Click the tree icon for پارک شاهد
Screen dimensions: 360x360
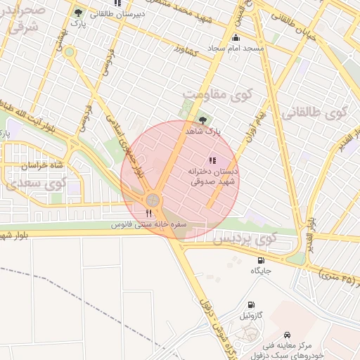tap(203, 120)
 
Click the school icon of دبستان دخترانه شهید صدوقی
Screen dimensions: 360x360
tap(212, 161)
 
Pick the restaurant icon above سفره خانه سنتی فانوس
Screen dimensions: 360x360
tap(148, 213)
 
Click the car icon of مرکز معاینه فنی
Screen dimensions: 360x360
tap(287, 335)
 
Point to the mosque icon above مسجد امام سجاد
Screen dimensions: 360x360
tap(235, 38)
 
